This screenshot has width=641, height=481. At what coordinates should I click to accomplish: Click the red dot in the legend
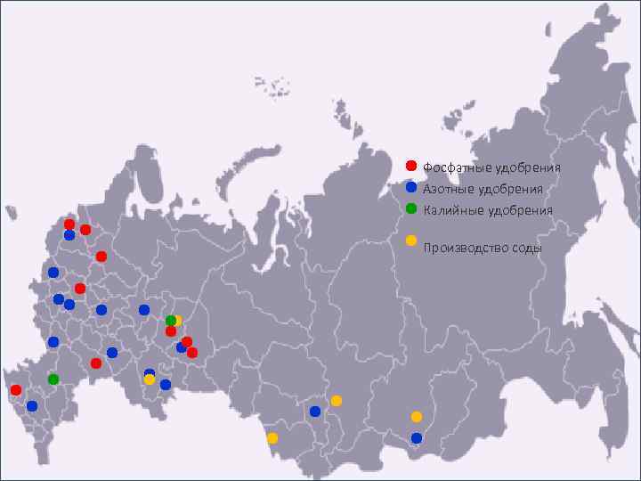[411, 166]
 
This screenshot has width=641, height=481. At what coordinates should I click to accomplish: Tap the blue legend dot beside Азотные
[411, 187]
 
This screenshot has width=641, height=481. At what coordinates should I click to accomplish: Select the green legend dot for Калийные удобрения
[411, 208]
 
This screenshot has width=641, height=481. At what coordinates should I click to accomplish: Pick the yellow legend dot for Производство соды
[411, 240]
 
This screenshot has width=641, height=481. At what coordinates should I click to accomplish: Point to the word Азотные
[448, 189]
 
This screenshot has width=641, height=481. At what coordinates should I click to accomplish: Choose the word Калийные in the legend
[449, 211]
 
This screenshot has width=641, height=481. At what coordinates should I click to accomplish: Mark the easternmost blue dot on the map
[417, 437]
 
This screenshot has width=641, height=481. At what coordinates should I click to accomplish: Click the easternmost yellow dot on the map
[417, 416]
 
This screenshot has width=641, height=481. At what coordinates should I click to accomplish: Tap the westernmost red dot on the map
[15, 390]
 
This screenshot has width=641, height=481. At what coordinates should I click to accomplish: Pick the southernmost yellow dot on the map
[272, 437]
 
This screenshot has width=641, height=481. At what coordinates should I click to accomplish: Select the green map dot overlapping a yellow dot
[169, 321]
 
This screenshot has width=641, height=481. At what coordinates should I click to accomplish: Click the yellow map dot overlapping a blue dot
[150, 379]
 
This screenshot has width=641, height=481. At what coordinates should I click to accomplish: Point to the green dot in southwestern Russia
[53, 379]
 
